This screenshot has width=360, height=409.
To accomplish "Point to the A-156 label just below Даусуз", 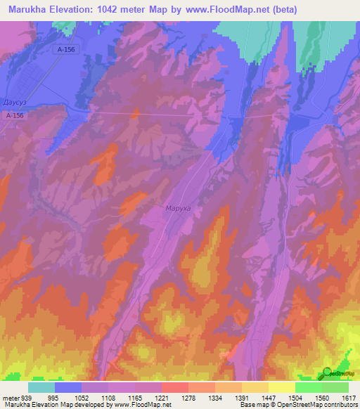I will coord(15,115).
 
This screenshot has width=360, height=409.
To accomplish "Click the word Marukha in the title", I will coord(31,10).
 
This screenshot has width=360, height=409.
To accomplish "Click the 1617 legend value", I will coord(348,397).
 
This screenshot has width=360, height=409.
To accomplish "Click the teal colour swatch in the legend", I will coord(41,387).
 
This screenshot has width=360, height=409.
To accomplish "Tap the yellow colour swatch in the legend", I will coord(281,387).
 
